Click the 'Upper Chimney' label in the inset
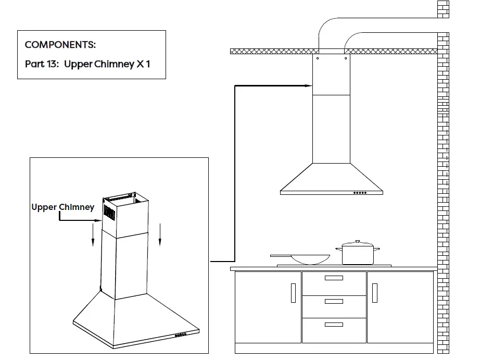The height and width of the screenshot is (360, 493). click(63, 207)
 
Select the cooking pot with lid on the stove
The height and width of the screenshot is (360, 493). click(358, 254)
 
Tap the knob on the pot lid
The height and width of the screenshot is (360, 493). click(357, 242)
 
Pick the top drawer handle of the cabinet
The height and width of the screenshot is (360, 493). click(334, 278)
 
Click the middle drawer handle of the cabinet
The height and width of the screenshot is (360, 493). click(334, 302)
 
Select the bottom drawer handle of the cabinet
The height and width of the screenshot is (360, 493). click(334, 325)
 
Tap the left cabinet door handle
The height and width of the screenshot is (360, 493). click(293, 293)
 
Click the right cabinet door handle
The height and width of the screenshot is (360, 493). click(374, 293)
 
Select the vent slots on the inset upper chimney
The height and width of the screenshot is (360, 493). click(108, 212)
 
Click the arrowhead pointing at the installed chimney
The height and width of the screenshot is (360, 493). click(309, 86)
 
